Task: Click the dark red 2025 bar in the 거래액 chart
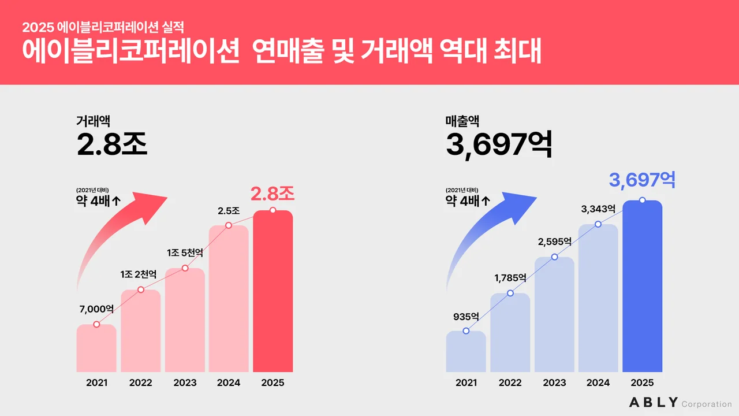273,292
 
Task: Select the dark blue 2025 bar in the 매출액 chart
642,287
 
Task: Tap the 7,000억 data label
96,309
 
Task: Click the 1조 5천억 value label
185,253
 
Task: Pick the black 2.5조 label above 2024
229,211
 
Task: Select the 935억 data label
466,317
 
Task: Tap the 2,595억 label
554,242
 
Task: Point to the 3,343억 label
598,209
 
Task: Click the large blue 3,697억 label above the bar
642,180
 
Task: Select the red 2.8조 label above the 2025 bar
273,194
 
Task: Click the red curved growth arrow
124,231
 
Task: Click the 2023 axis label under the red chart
185,382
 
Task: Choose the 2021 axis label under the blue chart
466,382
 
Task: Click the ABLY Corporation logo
680,403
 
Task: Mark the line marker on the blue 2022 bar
510,293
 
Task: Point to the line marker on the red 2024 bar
229,225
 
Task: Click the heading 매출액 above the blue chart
462,121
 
